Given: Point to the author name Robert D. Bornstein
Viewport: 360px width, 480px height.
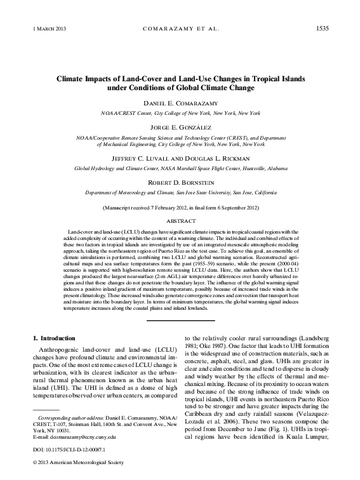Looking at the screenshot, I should click(x=180, y=182).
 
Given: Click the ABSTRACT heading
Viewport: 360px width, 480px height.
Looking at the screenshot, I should click(x=180, y=221).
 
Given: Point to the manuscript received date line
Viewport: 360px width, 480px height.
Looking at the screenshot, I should click(x=180, y=208).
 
